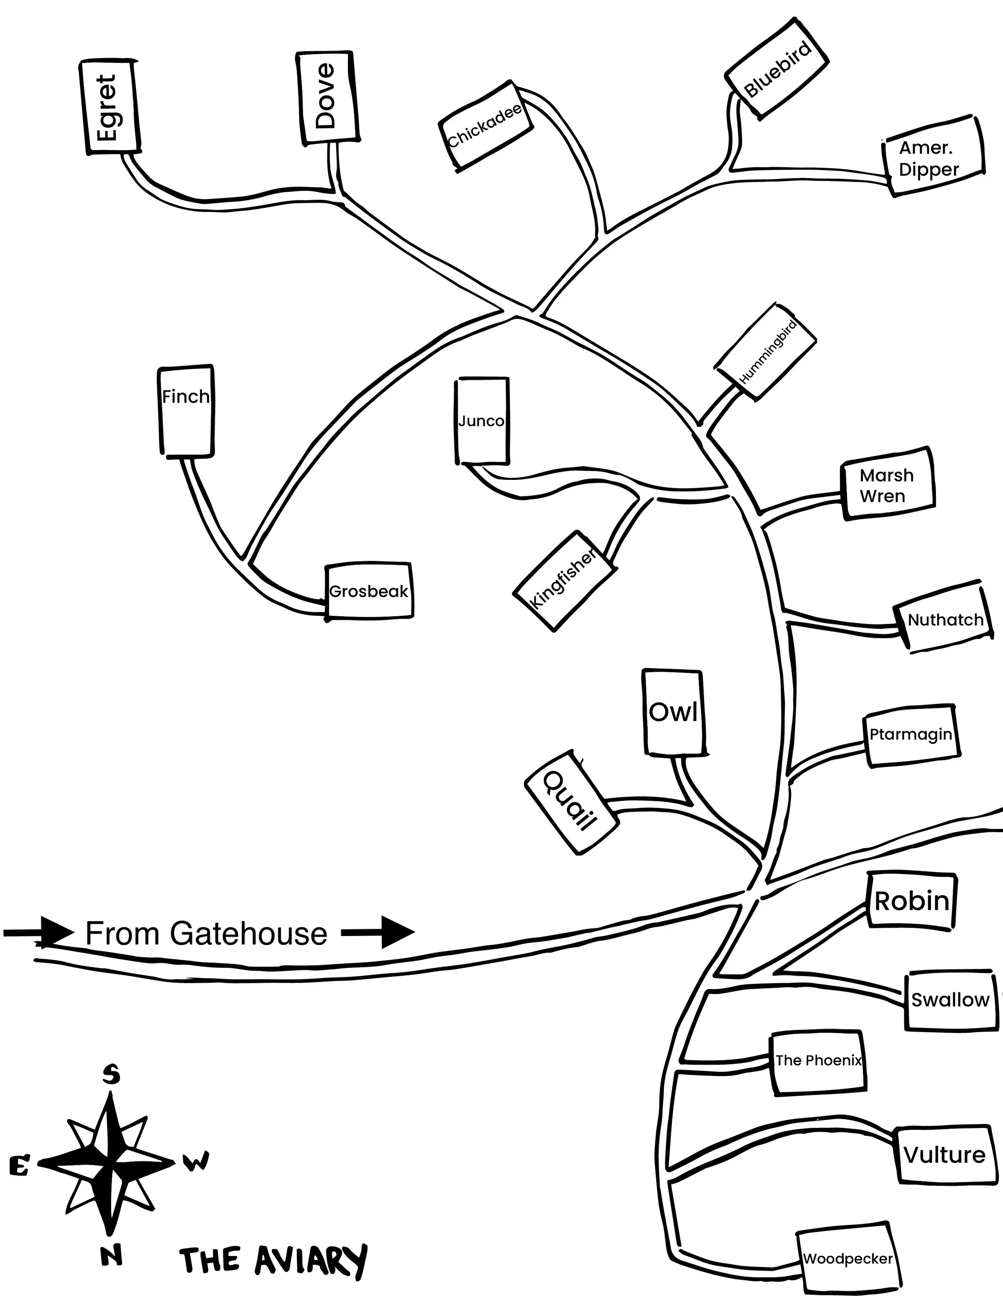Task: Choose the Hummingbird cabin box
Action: pos(766,352)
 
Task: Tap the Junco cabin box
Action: pos(482,421)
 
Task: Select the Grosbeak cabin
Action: pos(369,591)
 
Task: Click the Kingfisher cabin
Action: pos(564,579)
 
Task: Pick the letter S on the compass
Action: pos(111,1075)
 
